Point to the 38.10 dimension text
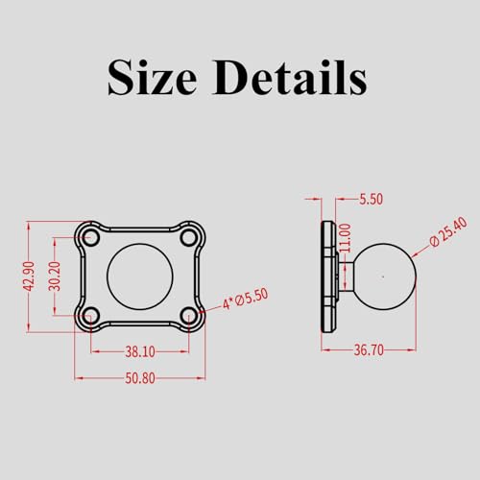pos(139,352)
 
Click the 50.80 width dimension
pos(139,378)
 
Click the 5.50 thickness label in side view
pos(370,200)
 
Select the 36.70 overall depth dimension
pos(369,351)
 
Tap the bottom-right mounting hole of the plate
pos(189,314)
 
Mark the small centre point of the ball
pos(383,276)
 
